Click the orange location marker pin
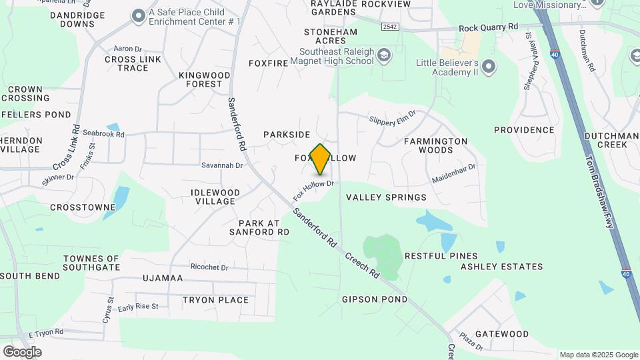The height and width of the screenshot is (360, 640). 321,159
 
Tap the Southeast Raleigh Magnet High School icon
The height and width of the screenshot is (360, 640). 383,55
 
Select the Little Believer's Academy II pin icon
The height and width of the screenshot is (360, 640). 489,65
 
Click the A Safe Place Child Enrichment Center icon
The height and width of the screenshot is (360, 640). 138,15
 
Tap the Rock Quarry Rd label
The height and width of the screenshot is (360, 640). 488,27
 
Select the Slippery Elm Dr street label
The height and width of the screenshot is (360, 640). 392,117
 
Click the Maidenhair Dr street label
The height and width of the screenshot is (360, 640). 453,175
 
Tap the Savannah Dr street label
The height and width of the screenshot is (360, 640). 222,165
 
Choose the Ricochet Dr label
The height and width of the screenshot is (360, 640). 209,267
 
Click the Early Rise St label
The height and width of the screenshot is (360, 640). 138,307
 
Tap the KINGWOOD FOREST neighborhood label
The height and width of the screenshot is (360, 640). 200,79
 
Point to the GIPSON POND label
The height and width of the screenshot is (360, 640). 375,299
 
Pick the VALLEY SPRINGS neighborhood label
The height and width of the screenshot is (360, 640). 386,197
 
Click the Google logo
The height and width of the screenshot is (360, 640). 22,352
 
